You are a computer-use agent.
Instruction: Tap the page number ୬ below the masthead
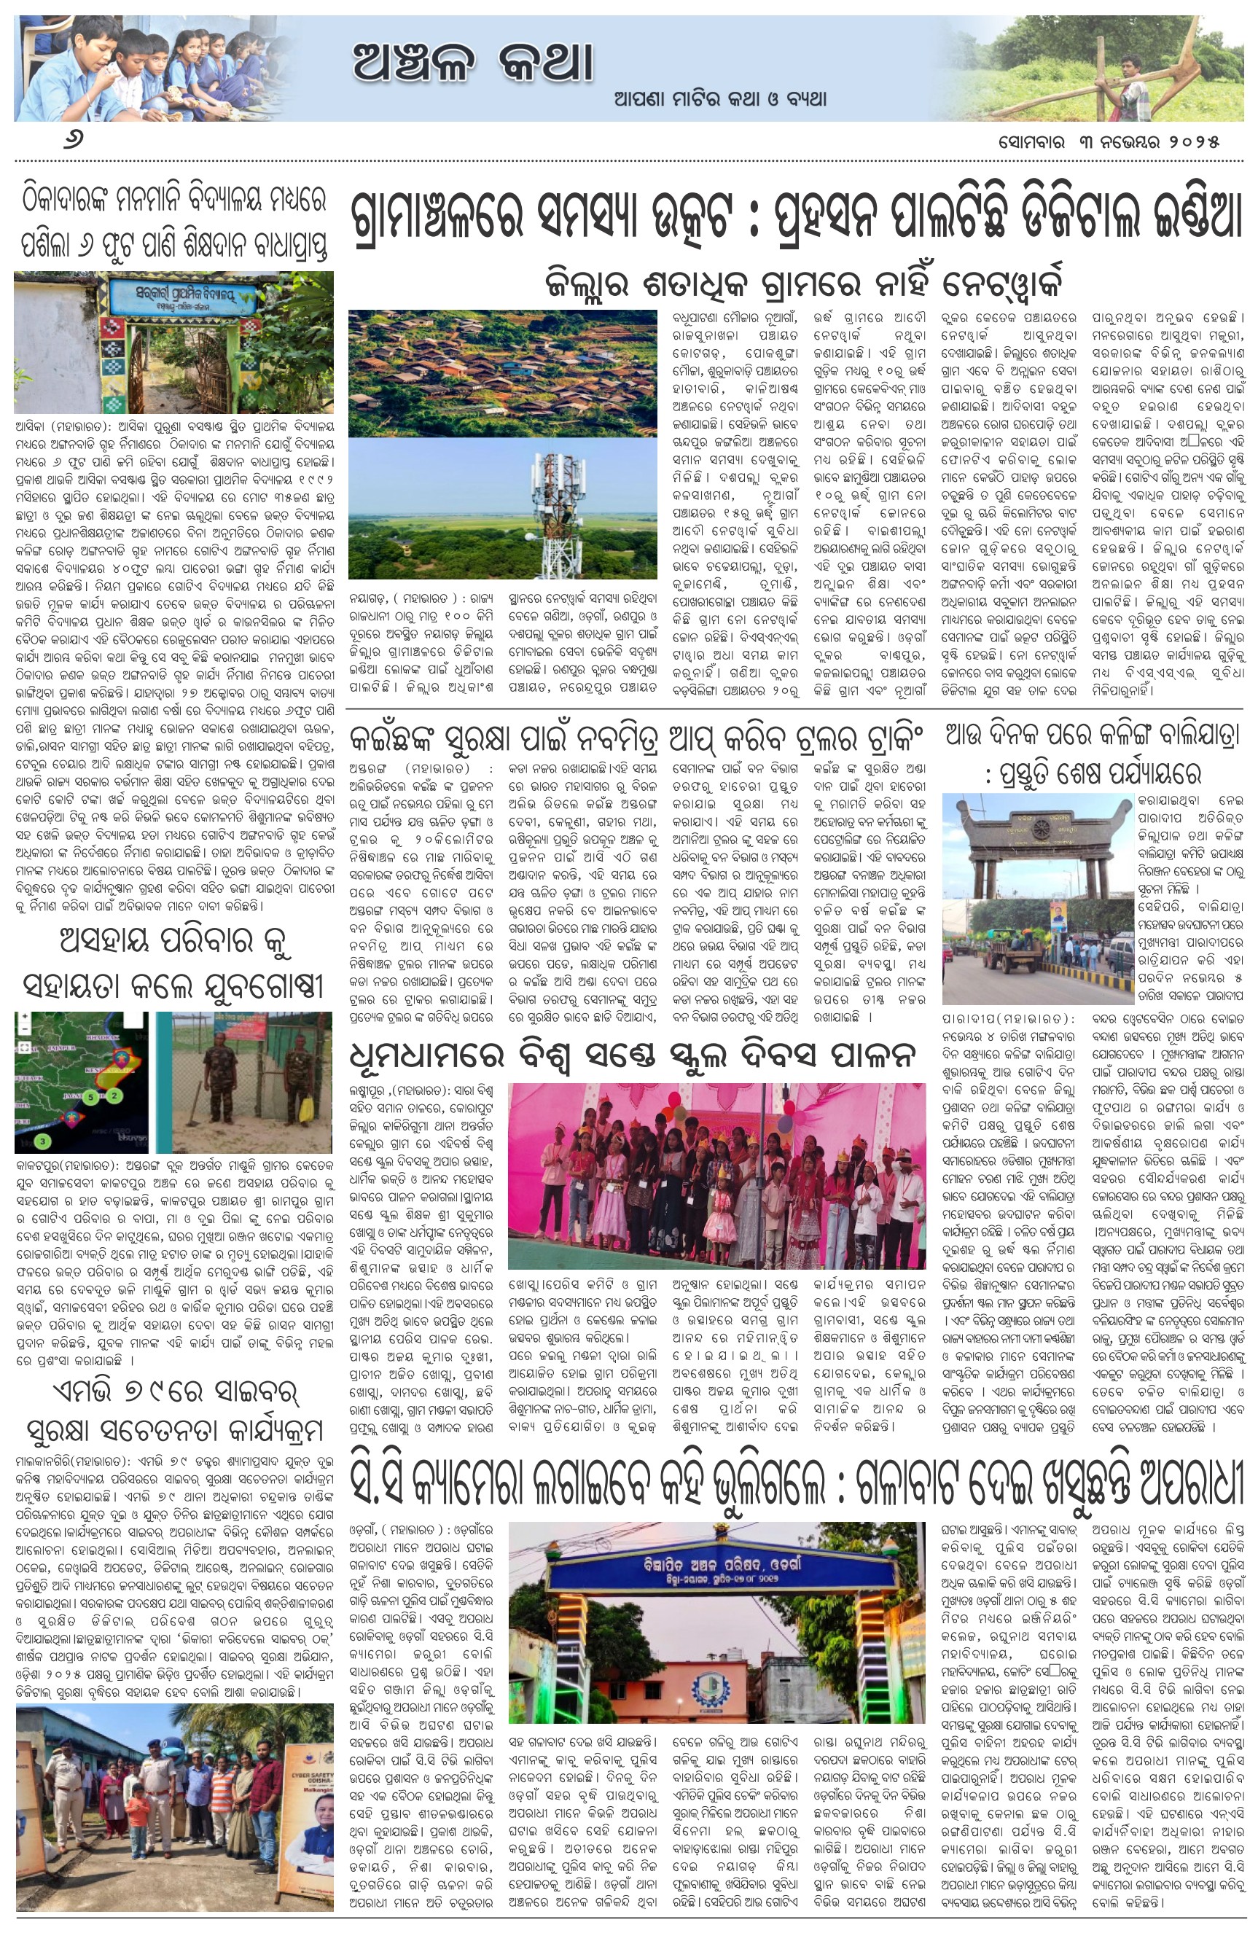[74, 141]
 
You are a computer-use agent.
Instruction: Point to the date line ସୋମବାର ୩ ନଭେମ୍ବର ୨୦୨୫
[1109, 141]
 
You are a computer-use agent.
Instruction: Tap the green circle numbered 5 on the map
[92, 1096]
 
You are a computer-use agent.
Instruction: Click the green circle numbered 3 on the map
[42, 1141]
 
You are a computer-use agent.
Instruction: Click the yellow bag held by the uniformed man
[306, 1104]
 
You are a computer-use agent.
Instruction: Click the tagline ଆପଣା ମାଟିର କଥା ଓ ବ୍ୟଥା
[720, 100]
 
